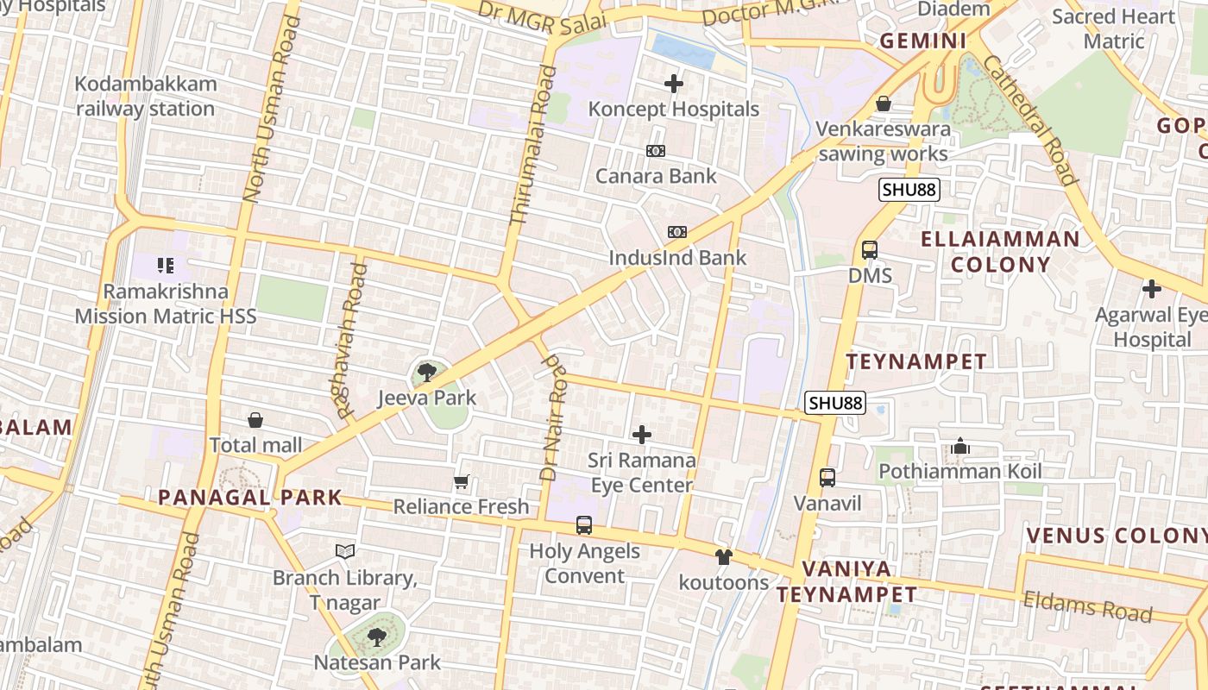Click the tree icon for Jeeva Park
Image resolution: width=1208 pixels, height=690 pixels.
tap(426, 373)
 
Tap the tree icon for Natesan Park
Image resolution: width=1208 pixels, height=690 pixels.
tap(376, 637)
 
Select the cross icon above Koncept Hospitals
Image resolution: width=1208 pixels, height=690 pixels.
tap(674, 84)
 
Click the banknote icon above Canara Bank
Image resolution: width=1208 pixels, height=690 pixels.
tap(656, 151)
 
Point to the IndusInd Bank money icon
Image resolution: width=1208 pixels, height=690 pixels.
tap(677, 232)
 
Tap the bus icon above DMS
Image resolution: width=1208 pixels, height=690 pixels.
tap(870, 250)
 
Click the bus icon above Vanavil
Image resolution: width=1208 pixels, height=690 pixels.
tap(827, 477)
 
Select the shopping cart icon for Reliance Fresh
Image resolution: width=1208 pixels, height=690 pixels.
tap(462, 481)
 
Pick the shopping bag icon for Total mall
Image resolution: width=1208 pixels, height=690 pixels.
tap(255, 420)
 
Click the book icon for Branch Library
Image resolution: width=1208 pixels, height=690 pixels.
tap(345, 551)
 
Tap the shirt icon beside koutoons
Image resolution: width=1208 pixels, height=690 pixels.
tap(724, 557)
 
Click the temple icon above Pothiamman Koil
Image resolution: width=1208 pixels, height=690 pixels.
tap(960, 446)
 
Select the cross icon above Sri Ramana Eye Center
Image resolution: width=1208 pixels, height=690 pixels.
tap(642, 435)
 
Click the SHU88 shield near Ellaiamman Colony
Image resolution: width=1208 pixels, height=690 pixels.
tap(909, 190)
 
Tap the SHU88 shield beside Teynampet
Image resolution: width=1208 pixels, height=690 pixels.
tap(835, 403)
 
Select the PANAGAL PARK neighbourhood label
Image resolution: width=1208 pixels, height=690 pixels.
tap(250, 498)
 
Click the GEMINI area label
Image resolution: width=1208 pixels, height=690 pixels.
tap(922, 41)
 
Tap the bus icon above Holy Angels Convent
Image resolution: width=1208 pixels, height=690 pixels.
tap(584, 524)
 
